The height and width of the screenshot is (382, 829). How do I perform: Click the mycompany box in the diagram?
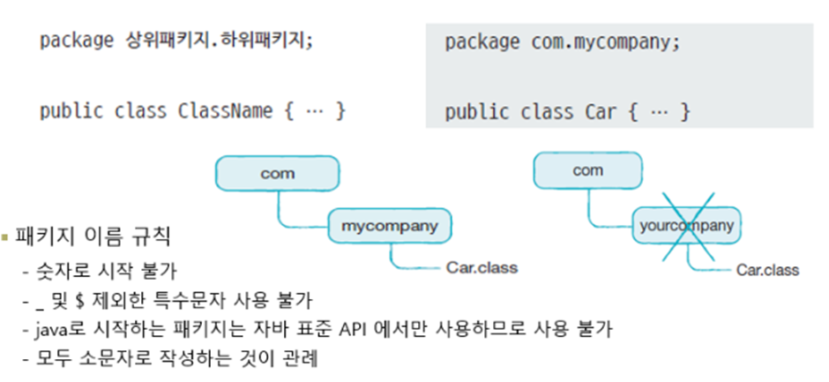pos(389,226)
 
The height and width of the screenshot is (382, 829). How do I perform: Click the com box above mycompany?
pos(277,173)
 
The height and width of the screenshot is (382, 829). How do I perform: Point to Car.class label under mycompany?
pos(482,266)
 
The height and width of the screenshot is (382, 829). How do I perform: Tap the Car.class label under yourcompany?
pos(768,270)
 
